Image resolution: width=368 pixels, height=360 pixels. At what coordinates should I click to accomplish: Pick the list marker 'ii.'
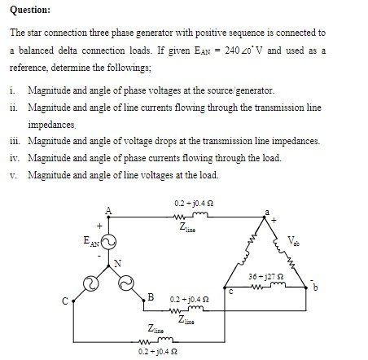click(x=15, y=108)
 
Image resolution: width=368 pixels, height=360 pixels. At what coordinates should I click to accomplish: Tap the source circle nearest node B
click(x=126, y=282)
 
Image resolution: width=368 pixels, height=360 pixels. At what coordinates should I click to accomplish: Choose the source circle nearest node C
click(x=92, y=282)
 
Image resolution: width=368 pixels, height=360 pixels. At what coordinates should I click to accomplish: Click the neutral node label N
click(x=117, y=262)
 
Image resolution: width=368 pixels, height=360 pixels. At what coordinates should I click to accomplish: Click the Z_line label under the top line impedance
click(x=192, y=230)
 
